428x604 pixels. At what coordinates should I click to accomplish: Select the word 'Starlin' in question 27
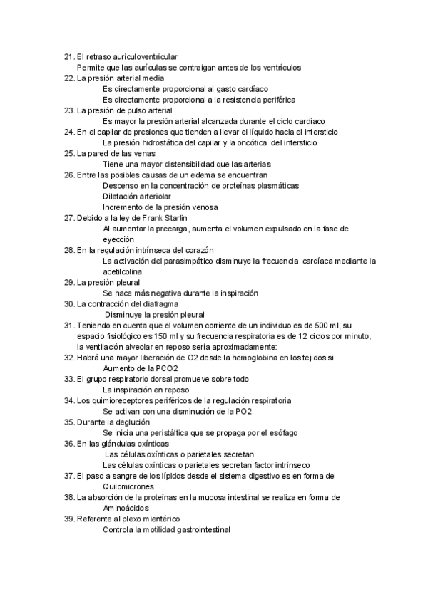coord(195,217)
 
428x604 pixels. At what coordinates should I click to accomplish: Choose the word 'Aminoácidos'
coord(126,509)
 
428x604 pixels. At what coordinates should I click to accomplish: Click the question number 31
coord(68,326)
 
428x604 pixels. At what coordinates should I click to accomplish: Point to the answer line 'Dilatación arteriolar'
coord(137,196)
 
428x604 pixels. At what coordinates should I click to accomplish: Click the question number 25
coord(68,153)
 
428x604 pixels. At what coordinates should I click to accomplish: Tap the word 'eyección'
coord(118,239)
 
